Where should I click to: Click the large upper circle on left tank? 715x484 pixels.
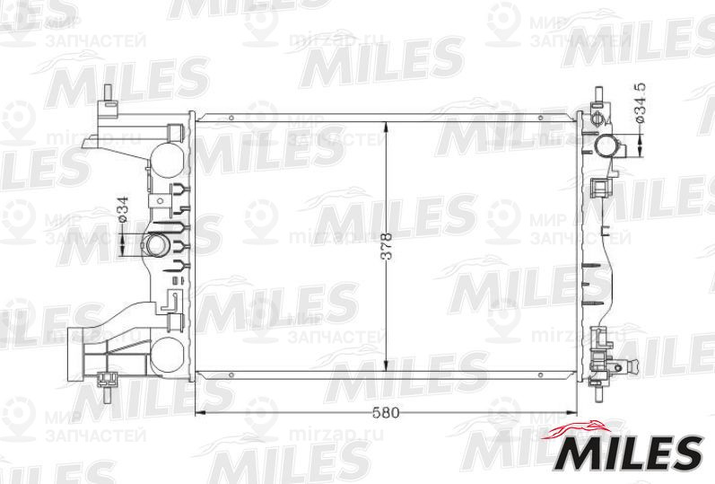coord(165,159)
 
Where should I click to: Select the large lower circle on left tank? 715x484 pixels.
coord(165,354)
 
